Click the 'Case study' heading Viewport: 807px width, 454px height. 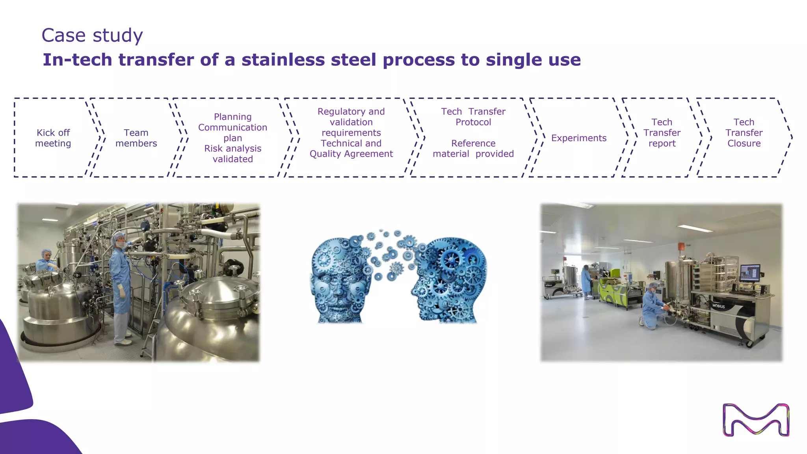tap(92, 35)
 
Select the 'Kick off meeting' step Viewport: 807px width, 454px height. tap(53, 138)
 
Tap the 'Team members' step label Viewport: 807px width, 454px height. tap(136, 138)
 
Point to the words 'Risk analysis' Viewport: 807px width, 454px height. tap(232, 149)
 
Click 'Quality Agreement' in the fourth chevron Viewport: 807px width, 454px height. tap(351, 154)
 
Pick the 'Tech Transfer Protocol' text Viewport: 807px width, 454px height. tap(473, 117)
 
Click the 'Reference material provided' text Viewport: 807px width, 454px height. tap(473, 149)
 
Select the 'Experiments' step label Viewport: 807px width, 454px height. tap(578, 138)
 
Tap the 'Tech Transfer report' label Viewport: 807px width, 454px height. tap(662, 133)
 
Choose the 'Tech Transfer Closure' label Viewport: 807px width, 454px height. tap(744, 133)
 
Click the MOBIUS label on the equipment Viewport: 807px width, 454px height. tap(718, 306)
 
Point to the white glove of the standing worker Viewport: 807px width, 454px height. tap(122, 291)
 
